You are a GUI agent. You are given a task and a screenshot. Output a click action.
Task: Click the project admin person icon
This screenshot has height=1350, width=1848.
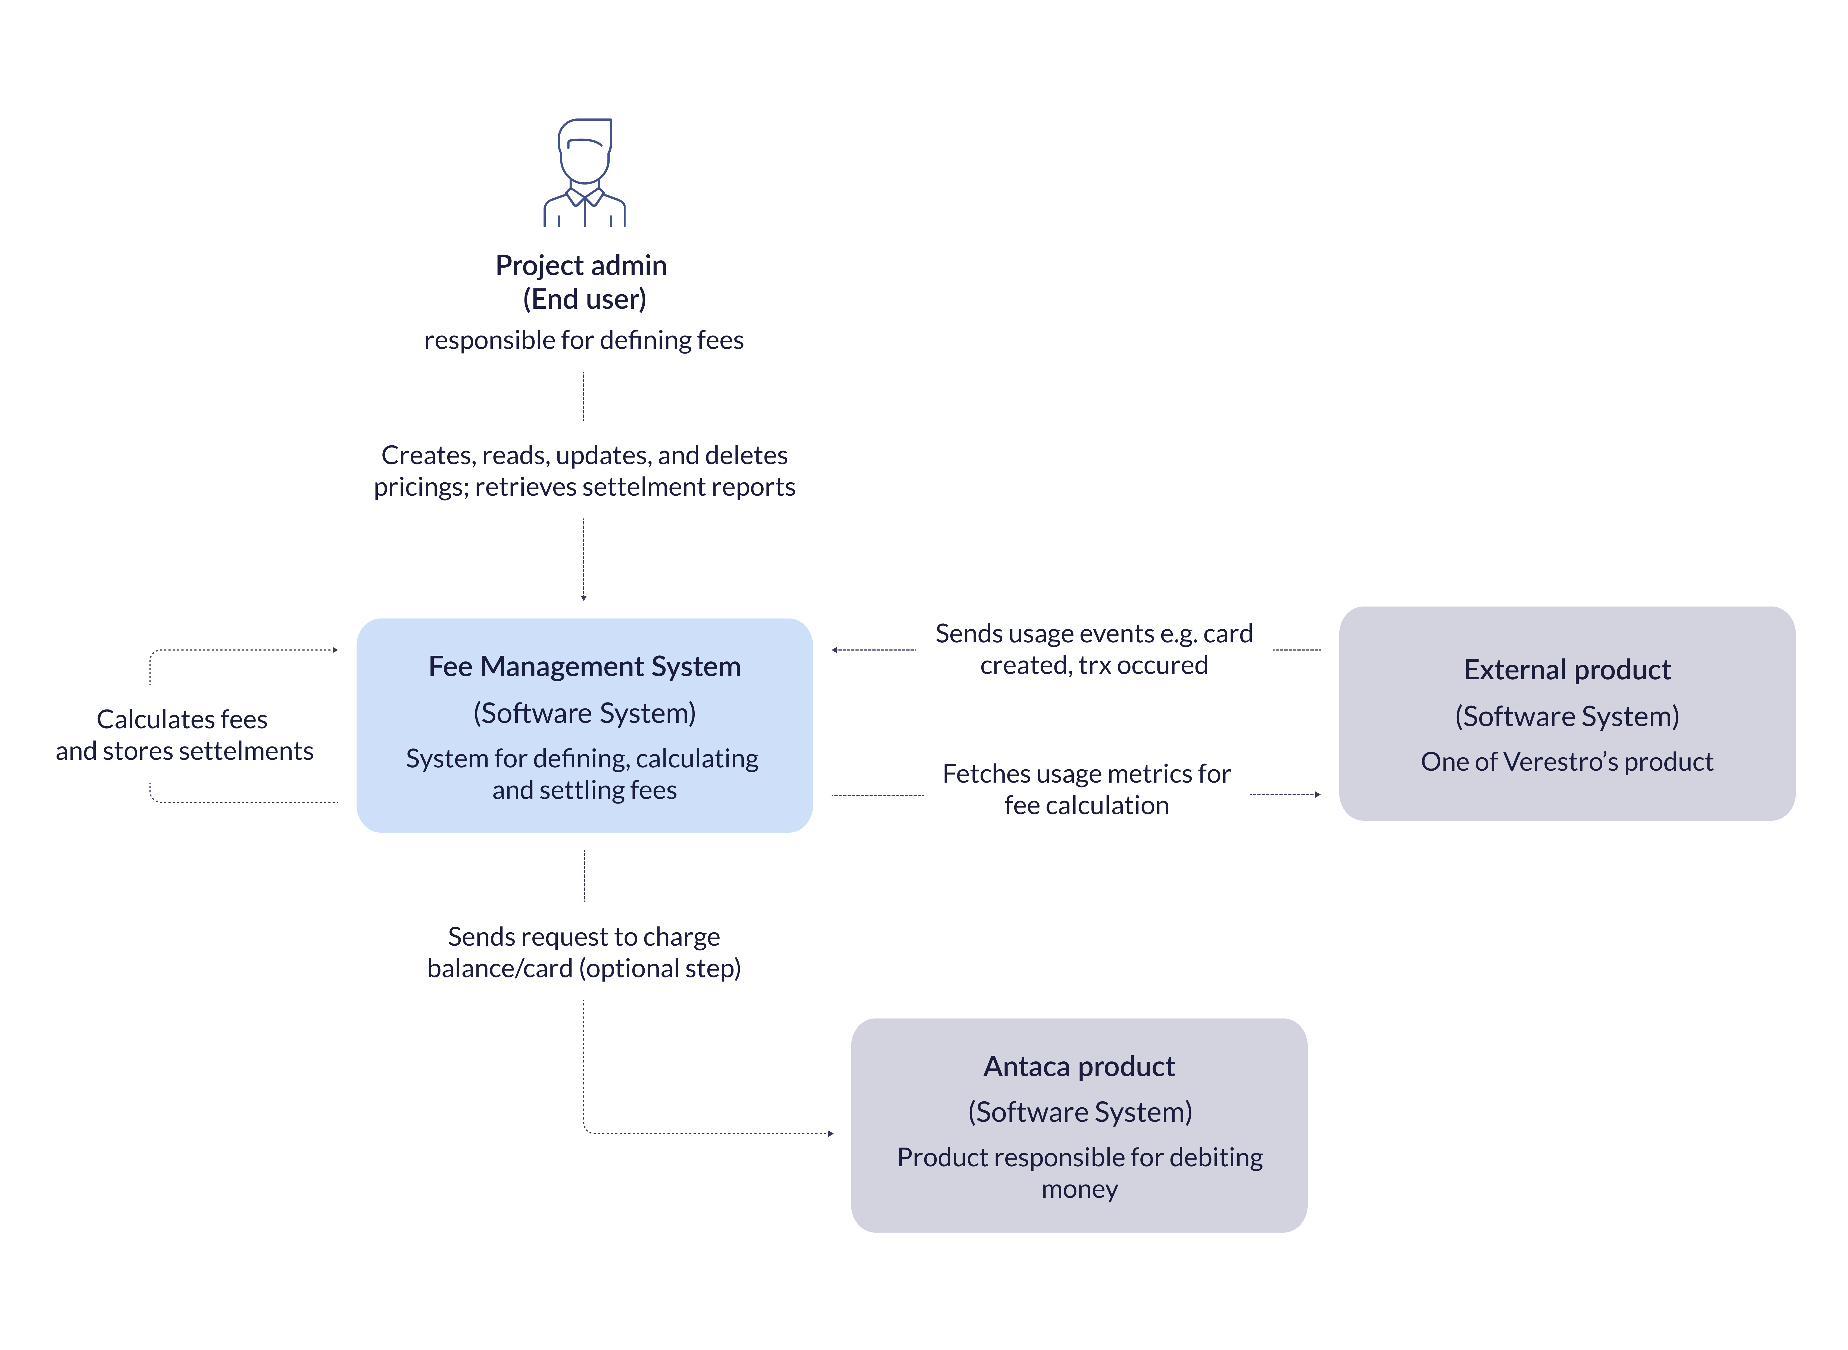point(584,173)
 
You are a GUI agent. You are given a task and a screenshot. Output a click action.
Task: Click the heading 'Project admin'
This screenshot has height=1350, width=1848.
point(581,265)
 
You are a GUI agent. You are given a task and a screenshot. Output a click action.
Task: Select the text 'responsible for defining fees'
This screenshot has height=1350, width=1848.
point(583,340)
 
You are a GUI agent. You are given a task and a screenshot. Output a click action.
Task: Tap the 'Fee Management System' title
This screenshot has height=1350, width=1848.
point(584,667)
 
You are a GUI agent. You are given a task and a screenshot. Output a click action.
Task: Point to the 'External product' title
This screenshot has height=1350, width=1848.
point(1567,670)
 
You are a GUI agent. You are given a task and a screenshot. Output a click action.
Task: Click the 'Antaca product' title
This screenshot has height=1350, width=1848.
point(1079,1066)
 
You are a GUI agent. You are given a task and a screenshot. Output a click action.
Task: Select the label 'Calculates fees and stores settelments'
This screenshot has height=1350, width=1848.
point(184,735)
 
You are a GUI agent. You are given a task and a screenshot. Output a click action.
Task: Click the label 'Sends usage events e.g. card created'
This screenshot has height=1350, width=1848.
point(1094,649)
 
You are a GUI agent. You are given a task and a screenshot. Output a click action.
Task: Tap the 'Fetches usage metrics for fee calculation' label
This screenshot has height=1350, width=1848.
point(1086,789)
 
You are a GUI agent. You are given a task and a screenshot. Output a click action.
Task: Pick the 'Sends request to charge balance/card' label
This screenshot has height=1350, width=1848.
point(583,952)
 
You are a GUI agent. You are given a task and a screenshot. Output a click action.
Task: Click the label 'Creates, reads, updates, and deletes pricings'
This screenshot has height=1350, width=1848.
point(584,471)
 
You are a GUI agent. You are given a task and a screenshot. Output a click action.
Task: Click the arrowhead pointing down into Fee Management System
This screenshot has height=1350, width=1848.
point(583,598)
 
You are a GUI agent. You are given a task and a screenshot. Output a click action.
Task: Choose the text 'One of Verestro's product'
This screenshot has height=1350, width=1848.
point(1567,762)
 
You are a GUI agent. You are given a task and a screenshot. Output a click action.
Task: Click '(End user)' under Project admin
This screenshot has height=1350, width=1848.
point(584,299)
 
